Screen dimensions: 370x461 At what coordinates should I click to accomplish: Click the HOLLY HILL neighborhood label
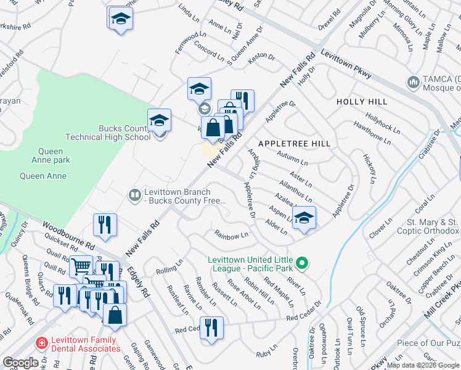pos(362,102)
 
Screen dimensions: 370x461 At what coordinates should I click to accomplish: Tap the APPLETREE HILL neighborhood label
pos(294,144)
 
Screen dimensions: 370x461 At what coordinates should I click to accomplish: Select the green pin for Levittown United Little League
pos(301,263)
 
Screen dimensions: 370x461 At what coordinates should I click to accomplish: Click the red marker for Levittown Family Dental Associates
pos(41,343)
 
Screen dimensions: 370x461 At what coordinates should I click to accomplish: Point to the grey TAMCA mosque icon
pos(412,81)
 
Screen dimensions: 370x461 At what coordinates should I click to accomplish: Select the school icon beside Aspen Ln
pos(304,217)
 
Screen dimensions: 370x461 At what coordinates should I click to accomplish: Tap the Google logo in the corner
pos(20,363)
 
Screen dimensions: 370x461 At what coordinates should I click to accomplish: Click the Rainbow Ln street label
pos(231,234)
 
